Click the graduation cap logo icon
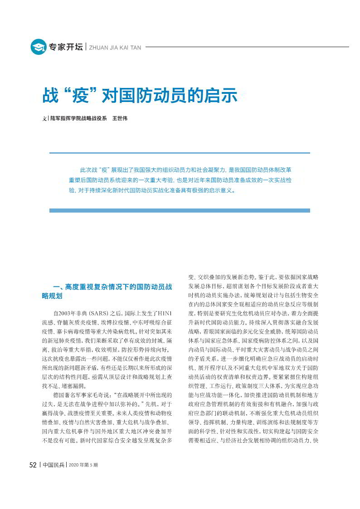pos(39,47)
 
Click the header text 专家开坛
pos(66,47)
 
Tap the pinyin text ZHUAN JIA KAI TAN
pos(115,47)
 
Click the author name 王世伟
pos(120,118)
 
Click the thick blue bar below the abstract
pos(180,210)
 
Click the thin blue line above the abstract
pos(180,153)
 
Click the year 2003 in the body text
pos(66,313)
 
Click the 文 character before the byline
pos(44,119)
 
